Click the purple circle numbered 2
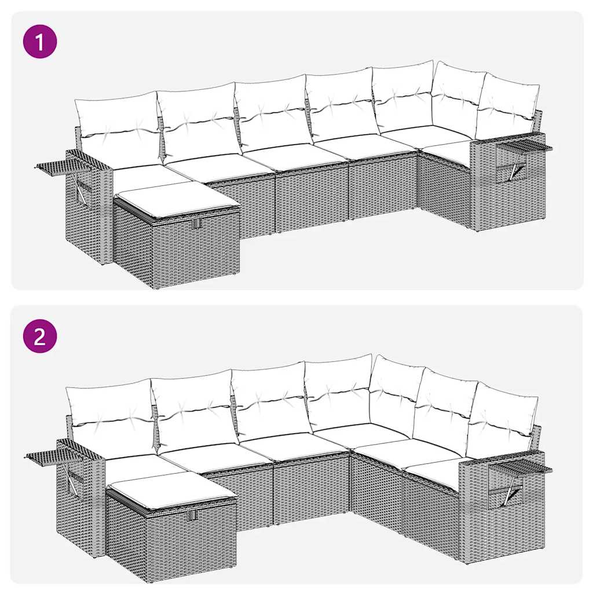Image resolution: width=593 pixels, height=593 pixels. [x=40, y=336]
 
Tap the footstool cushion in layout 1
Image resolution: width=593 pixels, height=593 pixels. [x=177, y=199]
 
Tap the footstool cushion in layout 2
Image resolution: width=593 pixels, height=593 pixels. [x=171, y=489]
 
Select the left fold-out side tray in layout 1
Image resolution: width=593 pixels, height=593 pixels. [x=61, y=166]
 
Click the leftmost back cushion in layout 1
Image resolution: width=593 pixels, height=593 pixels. [x=118, y=129]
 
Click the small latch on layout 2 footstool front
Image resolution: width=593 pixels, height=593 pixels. [x=193, y=515]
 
